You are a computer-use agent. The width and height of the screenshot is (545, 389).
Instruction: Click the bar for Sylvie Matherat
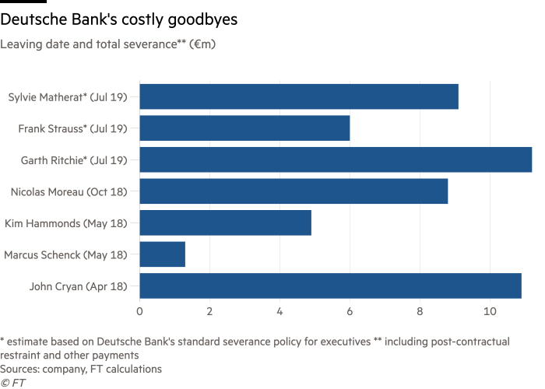point(299,97)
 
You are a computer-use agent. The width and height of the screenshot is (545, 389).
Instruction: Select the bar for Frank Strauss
point(244,128)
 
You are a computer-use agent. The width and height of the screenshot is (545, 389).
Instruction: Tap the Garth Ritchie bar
point(336,160)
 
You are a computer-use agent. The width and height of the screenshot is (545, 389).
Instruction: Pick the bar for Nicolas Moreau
point(294,191)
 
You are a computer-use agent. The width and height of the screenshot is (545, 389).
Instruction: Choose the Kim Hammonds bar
point(225,223)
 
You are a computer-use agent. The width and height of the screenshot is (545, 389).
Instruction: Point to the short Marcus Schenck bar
point(163,254)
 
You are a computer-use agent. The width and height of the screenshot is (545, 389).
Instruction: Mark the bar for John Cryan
point(330,286)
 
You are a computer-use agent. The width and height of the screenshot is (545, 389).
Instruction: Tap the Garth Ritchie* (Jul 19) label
point(76,160)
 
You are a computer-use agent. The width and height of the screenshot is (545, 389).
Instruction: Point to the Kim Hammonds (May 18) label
point(71,223)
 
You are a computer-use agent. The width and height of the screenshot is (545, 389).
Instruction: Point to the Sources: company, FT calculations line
point(81,370)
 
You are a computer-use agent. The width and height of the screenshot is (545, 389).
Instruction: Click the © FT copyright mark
point(12,382)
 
